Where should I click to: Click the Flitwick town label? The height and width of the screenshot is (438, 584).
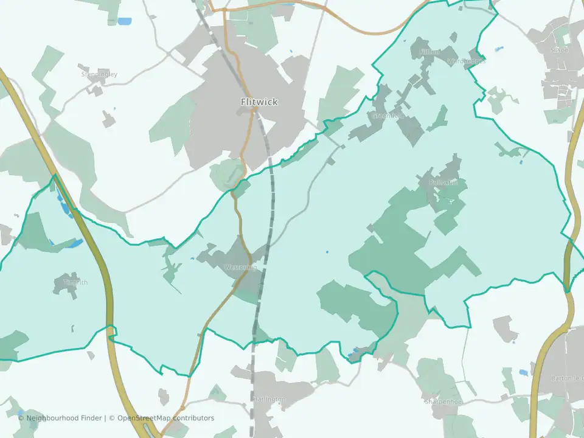pyautogui.click(x=259, y=102)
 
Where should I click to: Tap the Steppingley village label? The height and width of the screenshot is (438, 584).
pyautogui.click(x=99, y=74)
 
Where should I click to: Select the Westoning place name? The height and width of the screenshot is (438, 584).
pyautogui.click(x=241, y=267)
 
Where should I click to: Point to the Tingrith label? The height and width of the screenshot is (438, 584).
pyautogui.click(x=76, y=282)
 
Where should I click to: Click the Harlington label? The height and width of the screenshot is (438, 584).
pyautogui.click(x=270, y=399)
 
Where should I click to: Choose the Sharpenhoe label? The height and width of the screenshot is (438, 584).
pyautogui.click(x=443, y=402)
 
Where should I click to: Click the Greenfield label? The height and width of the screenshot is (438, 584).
pyautogui.click(x=388, y=116)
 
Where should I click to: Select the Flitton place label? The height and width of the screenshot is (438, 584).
pyautogui.click(x=429, y=52)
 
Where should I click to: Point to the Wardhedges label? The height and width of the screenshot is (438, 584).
pyautogui.click(x=466, y=61)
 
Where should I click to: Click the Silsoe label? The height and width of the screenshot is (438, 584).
pyautogui.click(x=559, y=50)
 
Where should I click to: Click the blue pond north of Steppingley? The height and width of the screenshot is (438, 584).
pyautogui.click(x=124, y=21)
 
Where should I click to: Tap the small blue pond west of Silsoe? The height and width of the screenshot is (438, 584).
pyautogui.click(x=499, y=48)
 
